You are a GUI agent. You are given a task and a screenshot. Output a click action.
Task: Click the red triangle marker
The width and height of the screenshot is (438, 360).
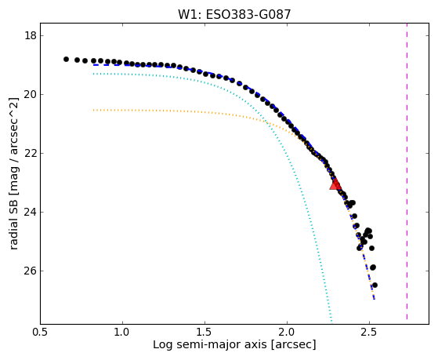(x=335, y=184)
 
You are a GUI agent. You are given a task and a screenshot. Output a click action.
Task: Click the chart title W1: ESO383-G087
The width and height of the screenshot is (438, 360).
(x=234, y=15)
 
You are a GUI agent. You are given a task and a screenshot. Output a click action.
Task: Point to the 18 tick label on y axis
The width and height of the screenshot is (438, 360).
(x=31, y=36)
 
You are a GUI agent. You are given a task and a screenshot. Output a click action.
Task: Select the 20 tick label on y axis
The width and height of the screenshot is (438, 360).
(x=31, y=95)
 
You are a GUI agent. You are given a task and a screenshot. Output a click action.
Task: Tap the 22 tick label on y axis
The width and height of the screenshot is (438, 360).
(x=31, y=153)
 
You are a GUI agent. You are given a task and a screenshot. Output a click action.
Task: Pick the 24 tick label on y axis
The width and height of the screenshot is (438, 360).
(x=31, y=212)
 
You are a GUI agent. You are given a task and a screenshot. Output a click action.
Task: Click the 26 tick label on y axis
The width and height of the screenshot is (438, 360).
(x=31, y=271)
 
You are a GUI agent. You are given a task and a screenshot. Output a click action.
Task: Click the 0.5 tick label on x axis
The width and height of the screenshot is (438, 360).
(x=41, y=332)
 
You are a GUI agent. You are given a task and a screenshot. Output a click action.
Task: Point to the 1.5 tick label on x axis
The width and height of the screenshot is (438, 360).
(x=205, y=332)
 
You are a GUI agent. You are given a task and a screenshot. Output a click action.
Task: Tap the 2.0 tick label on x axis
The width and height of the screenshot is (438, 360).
(x=287, y=332)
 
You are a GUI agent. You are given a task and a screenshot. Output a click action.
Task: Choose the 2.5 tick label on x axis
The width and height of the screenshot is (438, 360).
(x=369, y=332)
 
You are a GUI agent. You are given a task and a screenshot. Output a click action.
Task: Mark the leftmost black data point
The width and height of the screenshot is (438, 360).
(x=66, y=59)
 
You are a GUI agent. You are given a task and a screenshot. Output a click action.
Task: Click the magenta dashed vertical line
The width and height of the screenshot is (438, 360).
(x=407, y=171)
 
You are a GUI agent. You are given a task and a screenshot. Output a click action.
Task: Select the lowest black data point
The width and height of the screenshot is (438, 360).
(x=375, y=285)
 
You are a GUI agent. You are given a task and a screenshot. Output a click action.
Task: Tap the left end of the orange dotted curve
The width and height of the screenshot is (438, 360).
(x=94, y=111)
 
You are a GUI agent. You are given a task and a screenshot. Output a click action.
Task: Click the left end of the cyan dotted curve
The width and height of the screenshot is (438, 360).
(x=94, y=74)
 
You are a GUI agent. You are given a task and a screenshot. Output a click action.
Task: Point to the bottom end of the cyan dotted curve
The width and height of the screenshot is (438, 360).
(x=331, y=321)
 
